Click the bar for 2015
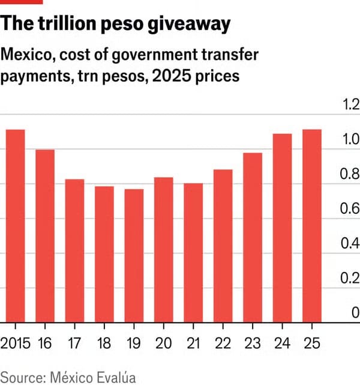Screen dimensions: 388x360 tap(16, 225)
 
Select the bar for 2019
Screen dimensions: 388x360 tap(134, 255)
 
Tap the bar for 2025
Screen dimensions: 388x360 tap(312, 225)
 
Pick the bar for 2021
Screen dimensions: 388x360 tap(193, 252)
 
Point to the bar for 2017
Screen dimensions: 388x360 tap(75, 250)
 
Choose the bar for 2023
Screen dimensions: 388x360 tap(253, 237)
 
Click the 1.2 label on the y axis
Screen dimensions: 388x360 tap(349, 105)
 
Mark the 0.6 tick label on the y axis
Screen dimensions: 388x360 tap(349, 208)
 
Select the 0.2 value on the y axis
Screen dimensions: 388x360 tap(349, 277)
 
